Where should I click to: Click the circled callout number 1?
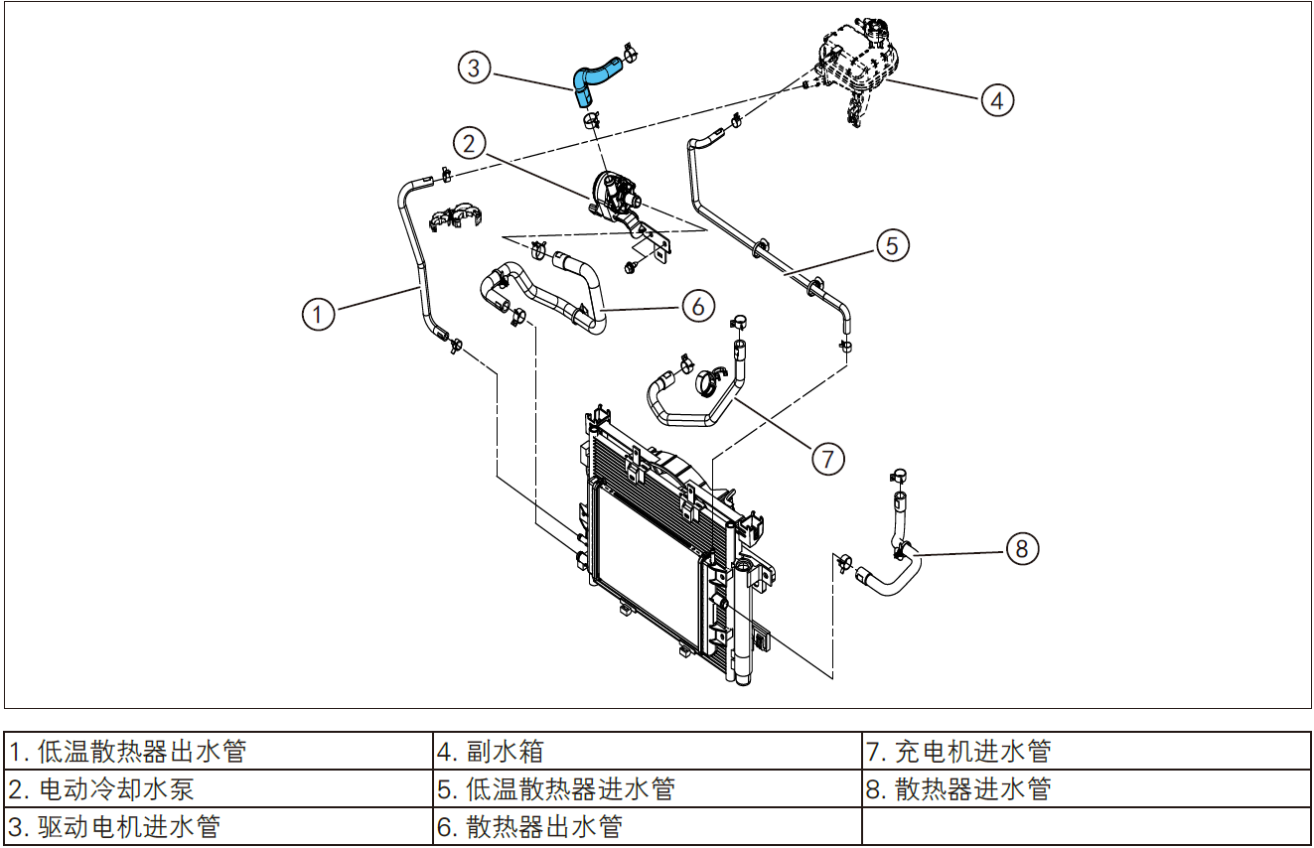click(x=318, y=314)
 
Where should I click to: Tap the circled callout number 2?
click(x=471, y=142)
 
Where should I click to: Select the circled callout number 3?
click(x=474, y=68)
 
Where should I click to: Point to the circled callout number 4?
click(x=997, y=99)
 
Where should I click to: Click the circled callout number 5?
click(x=892, y=244)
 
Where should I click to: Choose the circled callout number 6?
click(x=698, y=306)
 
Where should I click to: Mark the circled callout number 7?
click(x=827, y=458)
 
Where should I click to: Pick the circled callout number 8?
click(x=1022, y=547)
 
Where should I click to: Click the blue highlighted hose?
click(x=593, y=78)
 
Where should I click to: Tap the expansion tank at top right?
click(x=856, y=62)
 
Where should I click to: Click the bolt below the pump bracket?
click(x=630, y=266)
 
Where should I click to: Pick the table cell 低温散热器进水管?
click(x=556, y=789)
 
